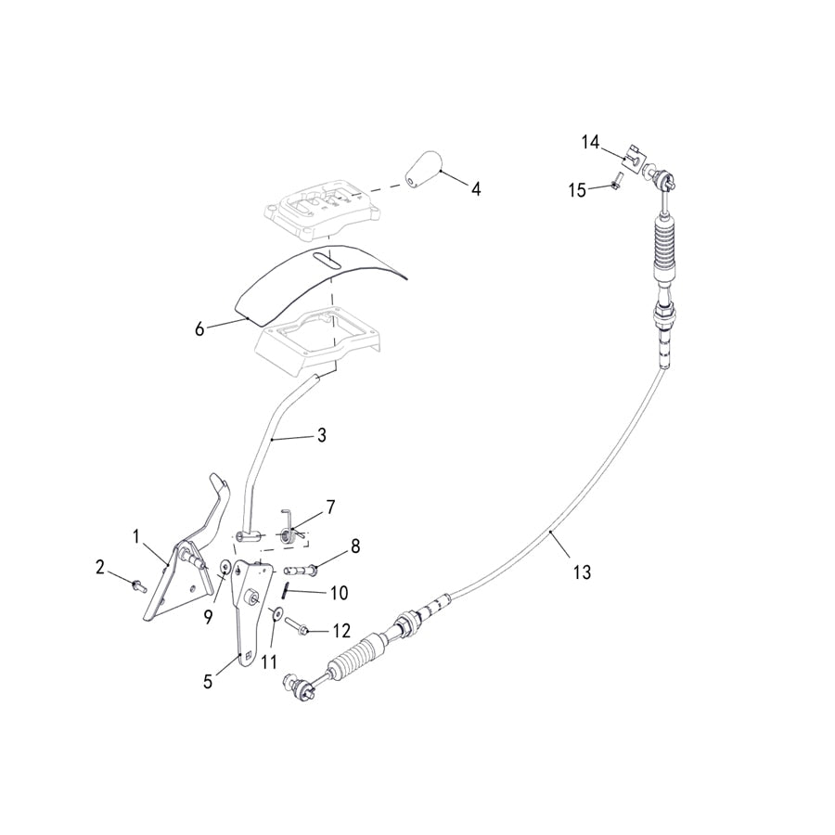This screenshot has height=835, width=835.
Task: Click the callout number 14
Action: point(590,143)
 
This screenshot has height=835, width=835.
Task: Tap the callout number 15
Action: point(577,190)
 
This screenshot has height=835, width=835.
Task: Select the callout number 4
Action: point(476,188)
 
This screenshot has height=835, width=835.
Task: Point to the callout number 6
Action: point(199,329)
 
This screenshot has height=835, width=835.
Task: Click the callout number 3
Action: point(322,435)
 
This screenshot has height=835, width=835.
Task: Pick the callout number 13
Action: point(582,572)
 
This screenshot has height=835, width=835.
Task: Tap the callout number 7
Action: point(330,507)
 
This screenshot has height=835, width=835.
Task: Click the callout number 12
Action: point(341,631)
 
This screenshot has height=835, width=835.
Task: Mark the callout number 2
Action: point(100,567)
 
